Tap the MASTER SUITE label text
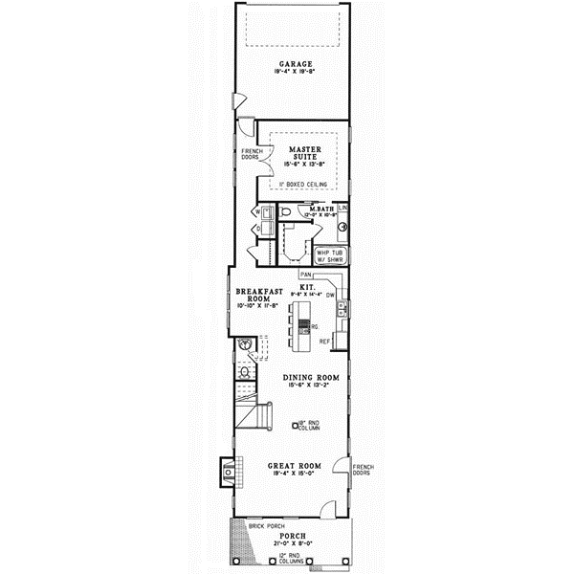[x=304, y=154]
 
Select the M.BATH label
[x=320, y=210]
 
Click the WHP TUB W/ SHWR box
[x=331, y=255]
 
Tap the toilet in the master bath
[x=287, y=213]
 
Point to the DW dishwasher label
[x=330, y=297]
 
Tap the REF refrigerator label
[x=325, y=340]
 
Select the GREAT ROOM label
[x=294, y=466]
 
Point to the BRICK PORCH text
[x=267, y=526]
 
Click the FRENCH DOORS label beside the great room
[x=364, y=470]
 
